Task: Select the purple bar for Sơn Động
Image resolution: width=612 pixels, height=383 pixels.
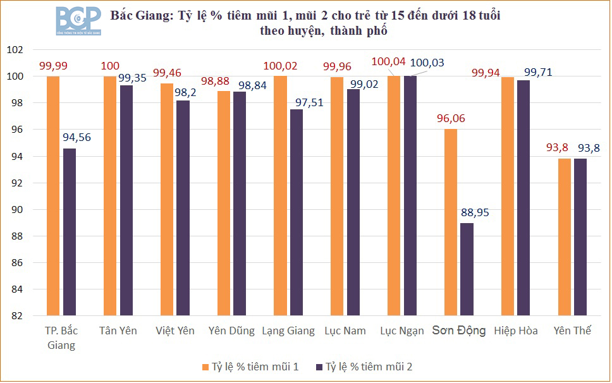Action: click(x=467, y=269)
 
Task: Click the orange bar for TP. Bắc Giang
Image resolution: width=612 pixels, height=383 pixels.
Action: click(x=53, y=196)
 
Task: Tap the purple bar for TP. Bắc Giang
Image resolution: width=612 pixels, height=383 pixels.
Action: click(x=70, y=231)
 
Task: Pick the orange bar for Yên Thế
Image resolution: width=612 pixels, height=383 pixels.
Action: click(x=565, y=237)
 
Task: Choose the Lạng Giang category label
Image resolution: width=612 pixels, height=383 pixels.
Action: click(x=288, y=331)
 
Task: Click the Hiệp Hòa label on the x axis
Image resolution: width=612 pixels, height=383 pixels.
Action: click(x=516, y=331)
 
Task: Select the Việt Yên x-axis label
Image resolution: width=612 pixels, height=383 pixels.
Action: click(x=175, y=331)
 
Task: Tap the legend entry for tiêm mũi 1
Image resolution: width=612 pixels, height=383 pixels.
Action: click(x=250, y=367)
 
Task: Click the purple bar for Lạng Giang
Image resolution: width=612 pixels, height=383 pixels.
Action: click(x=296, y=212)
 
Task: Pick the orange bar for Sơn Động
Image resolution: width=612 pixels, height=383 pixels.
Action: click(x=450, y=222)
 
